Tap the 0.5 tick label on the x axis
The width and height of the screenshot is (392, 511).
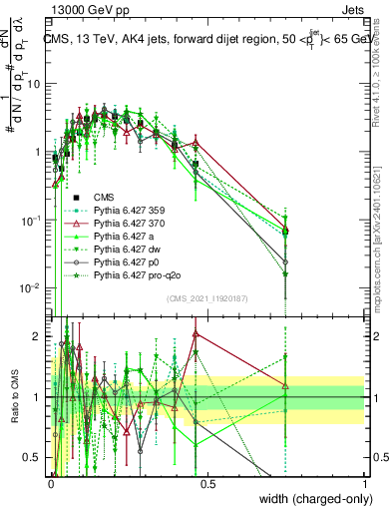(207, 482)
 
